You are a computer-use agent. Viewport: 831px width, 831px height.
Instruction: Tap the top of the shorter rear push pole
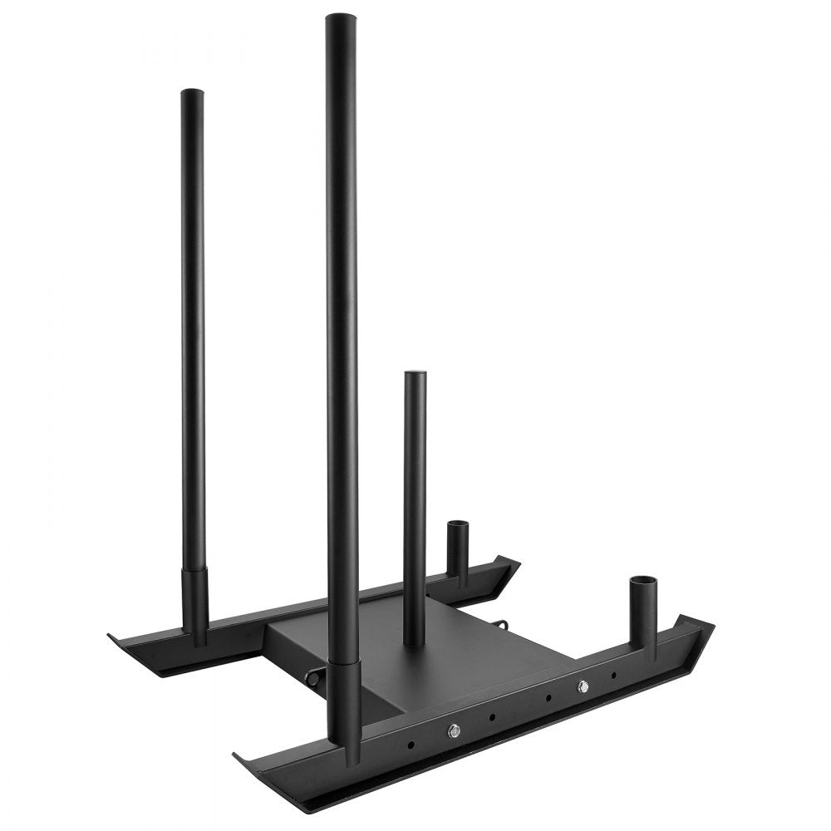pos(192,93)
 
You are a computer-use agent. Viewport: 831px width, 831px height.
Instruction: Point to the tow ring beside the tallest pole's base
pos(314,677)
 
